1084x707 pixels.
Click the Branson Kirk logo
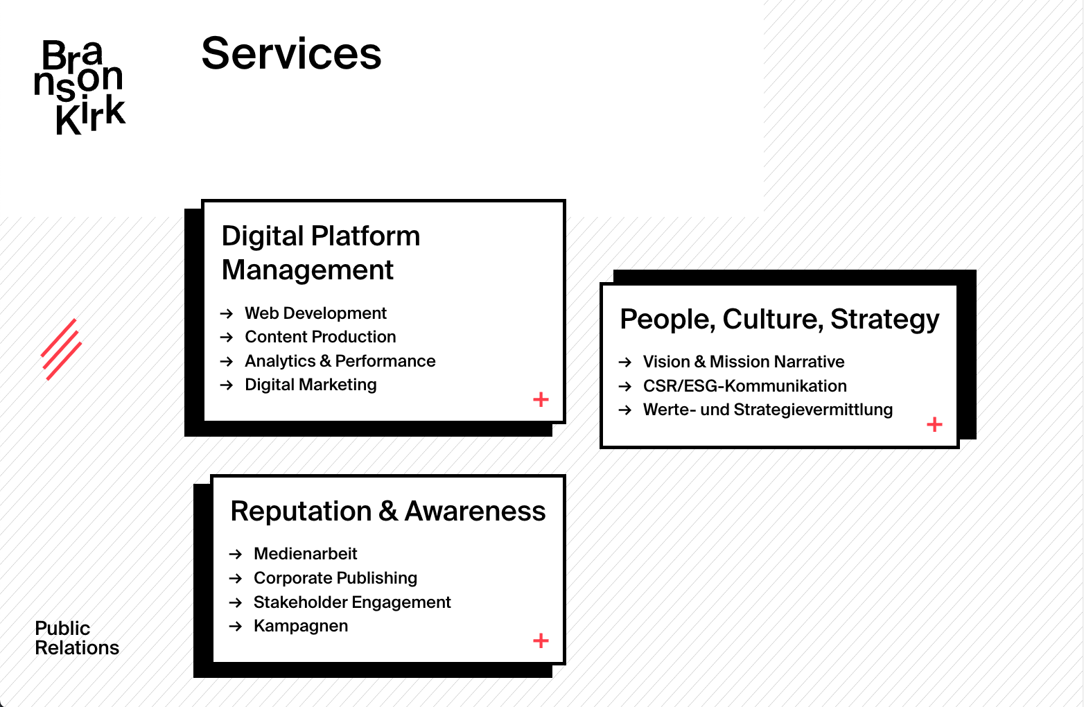click(80, 87)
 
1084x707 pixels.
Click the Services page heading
click(291, 53)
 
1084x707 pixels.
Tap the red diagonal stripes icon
click(61, 349)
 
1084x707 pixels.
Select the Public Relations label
click(77, 638)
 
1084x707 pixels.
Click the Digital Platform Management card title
click(321, 252)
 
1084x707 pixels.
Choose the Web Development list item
click(315, 313)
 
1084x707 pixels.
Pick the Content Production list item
click(320, 337)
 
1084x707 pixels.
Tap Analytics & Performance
click(340, 361)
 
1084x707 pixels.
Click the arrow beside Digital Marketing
click(227, 385)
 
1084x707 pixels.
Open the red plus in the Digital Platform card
click(541, 399)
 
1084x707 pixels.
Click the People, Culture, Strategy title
click(780, 320)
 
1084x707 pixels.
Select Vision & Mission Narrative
click(744, 362)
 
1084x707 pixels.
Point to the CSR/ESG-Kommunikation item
click(745, 385)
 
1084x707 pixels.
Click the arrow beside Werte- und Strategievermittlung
click(625, 410)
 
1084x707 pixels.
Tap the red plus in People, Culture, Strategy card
click(934, 424)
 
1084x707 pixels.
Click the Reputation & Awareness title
click(388, 511)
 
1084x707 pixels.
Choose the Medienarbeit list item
click(306, 554)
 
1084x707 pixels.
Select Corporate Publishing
click(335, 578)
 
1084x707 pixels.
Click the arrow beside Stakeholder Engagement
click(236, 602)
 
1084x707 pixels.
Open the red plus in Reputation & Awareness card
click(541, 640)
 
